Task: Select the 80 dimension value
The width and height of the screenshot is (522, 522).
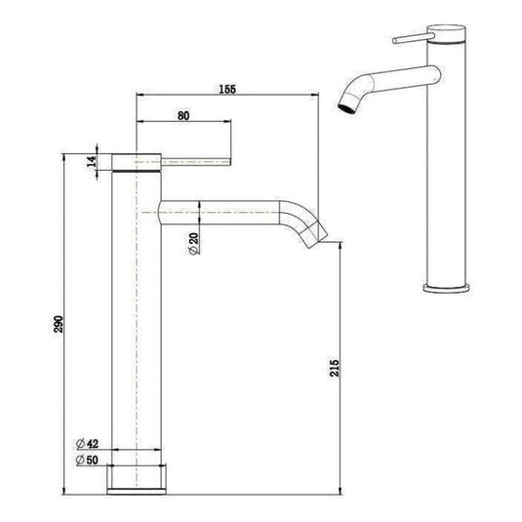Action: [182, 114]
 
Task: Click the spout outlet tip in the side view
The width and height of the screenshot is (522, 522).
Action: [319, 234]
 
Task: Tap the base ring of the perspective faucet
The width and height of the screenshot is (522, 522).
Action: [448, 286]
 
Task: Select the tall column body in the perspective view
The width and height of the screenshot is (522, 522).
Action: [449, 176]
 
